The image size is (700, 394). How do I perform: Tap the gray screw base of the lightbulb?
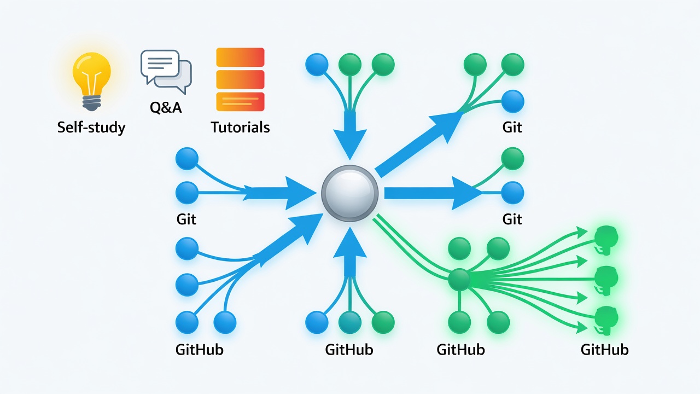91,103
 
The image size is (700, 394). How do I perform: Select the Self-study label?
91,128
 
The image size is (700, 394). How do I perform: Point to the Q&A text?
166,107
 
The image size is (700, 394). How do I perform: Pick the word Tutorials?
240,128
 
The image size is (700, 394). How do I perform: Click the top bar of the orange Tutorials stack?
240,57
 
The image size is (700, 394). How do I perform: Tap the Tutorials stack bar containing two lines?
240,102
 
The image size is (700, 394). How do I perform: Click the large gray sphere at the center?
349,194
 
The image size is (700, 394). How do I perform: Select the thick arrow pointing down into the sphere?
349,135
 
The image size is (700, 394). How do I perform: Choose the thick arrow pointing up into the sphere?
349,252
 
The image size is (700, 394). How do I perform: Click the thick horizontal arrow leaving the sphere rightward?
433,193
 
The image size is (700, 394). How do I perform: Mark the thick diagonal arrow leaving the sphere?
419,143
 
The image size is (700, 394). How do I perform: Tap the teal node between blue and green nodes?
349,322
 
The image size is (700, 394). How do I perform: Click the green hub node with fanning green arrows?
459,279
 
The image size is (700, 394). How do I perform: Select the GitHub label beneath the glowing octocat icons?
604,350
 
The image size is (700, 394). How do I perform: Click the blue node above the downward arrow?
317,65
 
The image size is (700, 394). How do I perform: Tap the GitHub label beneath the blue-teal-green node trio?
349,350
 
